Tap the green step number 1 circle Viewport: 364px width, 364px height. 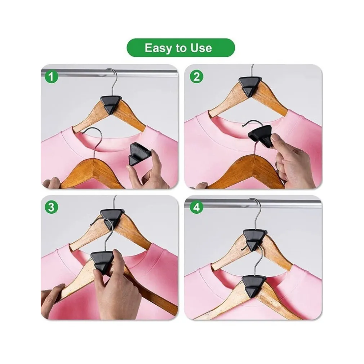click(51, 77)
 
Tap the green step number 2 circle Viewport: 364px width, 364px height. click(196, 77)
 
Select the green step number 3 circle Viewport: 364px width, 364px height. click(51, 207)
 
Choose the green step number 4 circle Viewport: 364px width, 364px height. click(196, 207)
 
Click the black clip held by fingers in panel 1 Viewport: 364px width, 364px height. click(137, 154)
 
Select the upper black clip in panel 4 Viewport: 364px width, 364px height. click(255, 240)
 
